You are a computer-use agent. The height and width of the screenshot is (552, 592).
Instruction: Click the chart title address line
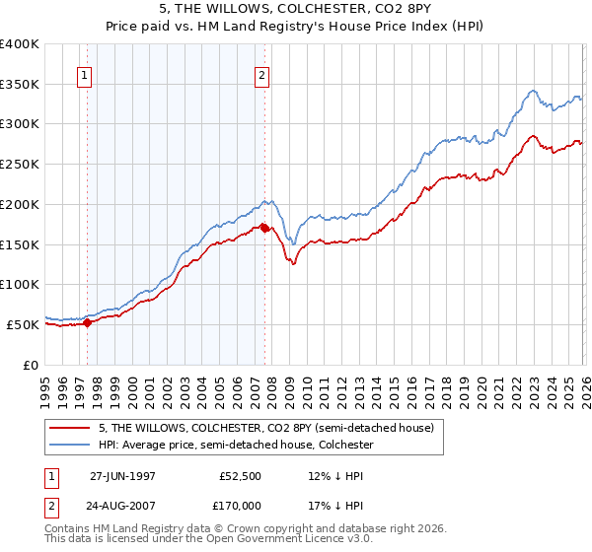pos(295,10)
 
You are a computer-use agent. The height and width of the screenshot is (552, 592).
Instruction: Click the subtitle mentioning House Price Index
pos(295,27)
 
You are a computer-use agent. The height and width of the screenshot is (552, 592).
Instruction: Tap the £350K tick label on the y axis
pos(20,85)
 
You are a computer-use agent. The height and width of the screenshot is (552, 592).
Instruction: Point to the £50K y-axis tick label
pos(23,324)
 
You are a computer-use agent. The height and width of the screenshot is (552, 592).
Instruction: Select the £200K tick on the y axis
pos(20,204)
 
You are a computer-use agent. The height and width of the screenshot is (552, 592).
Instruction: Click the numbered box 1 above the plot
pos(86,74)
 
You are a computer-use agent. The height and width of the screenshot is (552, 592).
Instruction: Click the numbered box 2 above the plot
pos(262,74)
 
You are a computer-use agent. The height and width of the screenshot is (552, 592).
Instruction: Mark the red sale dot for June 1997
pos(88,321)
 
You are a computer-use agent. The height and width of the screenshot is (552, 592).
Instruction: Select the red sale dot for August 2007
pos(264,228)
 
